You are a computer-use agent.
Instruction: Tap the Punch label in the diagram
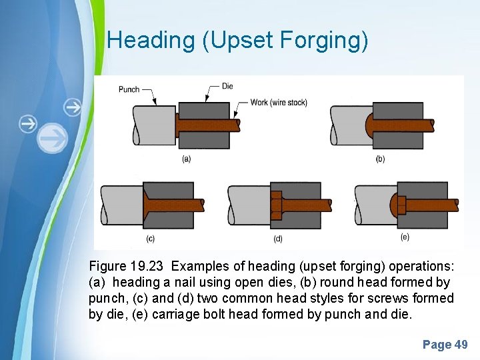[129, 89]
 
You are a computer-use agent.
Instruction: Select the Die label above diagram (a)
[227, 86]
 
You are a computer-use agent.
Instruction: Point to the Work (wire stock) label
[279, 103]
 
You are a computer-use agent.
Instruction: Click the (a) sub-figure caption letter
[187, 159]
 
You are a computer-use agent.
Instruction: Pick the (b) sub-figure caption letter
[380, 159]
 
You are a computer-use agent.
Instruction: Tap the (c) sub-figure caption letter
[151, 238]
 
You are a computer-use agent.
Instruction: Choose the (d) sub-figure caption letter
[279, 238]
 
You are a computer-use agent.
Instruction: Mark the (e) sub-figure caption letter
[405, 237]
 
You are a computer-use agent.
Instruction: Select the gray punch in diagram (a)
[153, 125]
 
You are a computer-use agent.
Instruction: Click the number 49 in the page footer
[461, 345]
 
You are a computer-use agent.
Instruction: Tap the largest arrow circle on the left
[53, 139]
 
